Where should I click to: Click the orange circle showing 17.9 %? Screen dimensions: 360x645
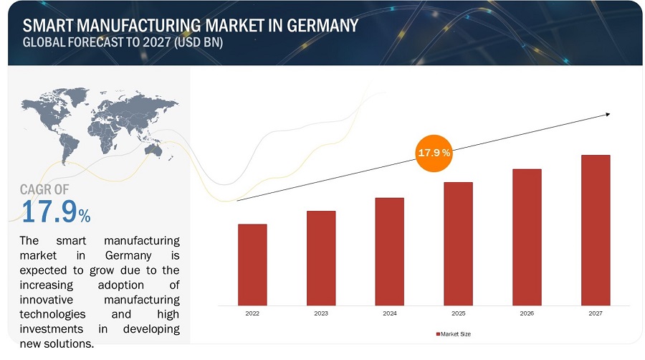tap(434, 153)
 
